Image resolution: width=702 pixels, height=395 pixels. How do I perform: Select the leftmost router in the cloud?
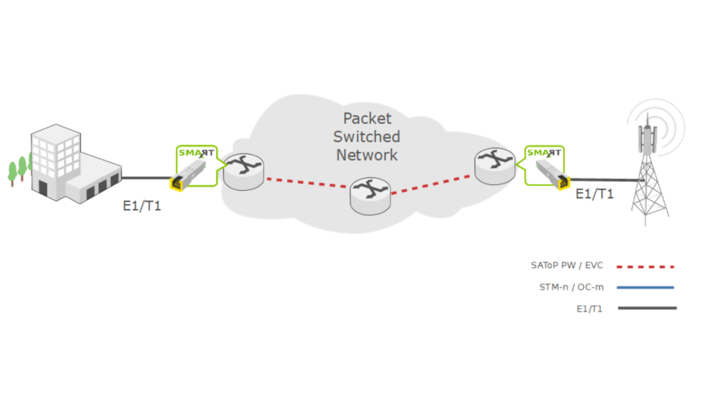(x=243, y=171)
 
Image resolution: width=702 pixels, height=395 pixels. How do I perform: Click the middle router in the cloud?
(x=370, y=193)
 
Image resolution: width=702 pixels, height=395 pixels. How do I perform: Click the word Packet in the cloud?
(x=367, y=118)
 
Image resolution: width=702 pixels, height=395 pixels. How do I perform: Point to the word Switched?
(x=367, y=136)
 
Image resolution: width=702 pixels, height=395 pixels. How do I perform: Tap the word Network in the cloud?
(x=367, y=155)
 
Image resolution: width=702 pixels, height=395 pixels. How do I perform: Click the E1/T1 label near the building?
(x=142, y=206)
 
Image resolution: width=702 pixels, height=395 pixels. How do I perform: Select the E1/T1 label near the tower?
(x=594, y=194)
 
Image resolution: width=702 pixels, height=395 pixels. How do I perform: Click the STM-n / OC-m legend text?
(x=567, y=287)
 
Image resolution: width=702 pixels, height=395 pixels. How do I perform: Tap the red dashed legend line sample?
(x=646, y=266)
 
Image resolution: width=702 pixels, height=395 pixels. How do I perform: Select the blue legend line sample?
(x=646, y=287)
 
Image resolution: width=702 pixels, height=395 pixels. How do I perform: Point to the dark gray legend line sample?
(x=646, y=309)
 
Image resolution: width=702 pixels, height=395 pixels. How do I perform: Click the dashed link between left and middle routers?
(x=306, y=183)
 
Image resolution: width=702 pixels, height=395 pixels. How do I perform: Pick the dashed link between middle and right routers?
(x=433, y=184)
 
